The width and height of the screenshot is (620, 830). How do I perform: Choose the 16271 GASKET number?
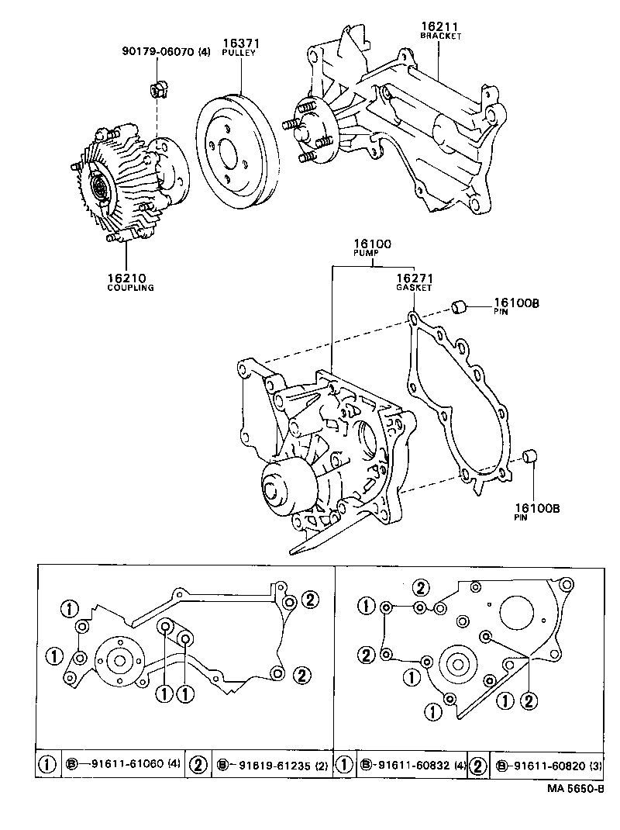[413, 278]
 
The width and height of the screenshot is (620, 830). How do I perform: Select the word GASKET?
[414, 288]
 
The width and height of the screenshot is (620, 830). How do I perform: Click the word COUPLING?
[130, 287]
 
